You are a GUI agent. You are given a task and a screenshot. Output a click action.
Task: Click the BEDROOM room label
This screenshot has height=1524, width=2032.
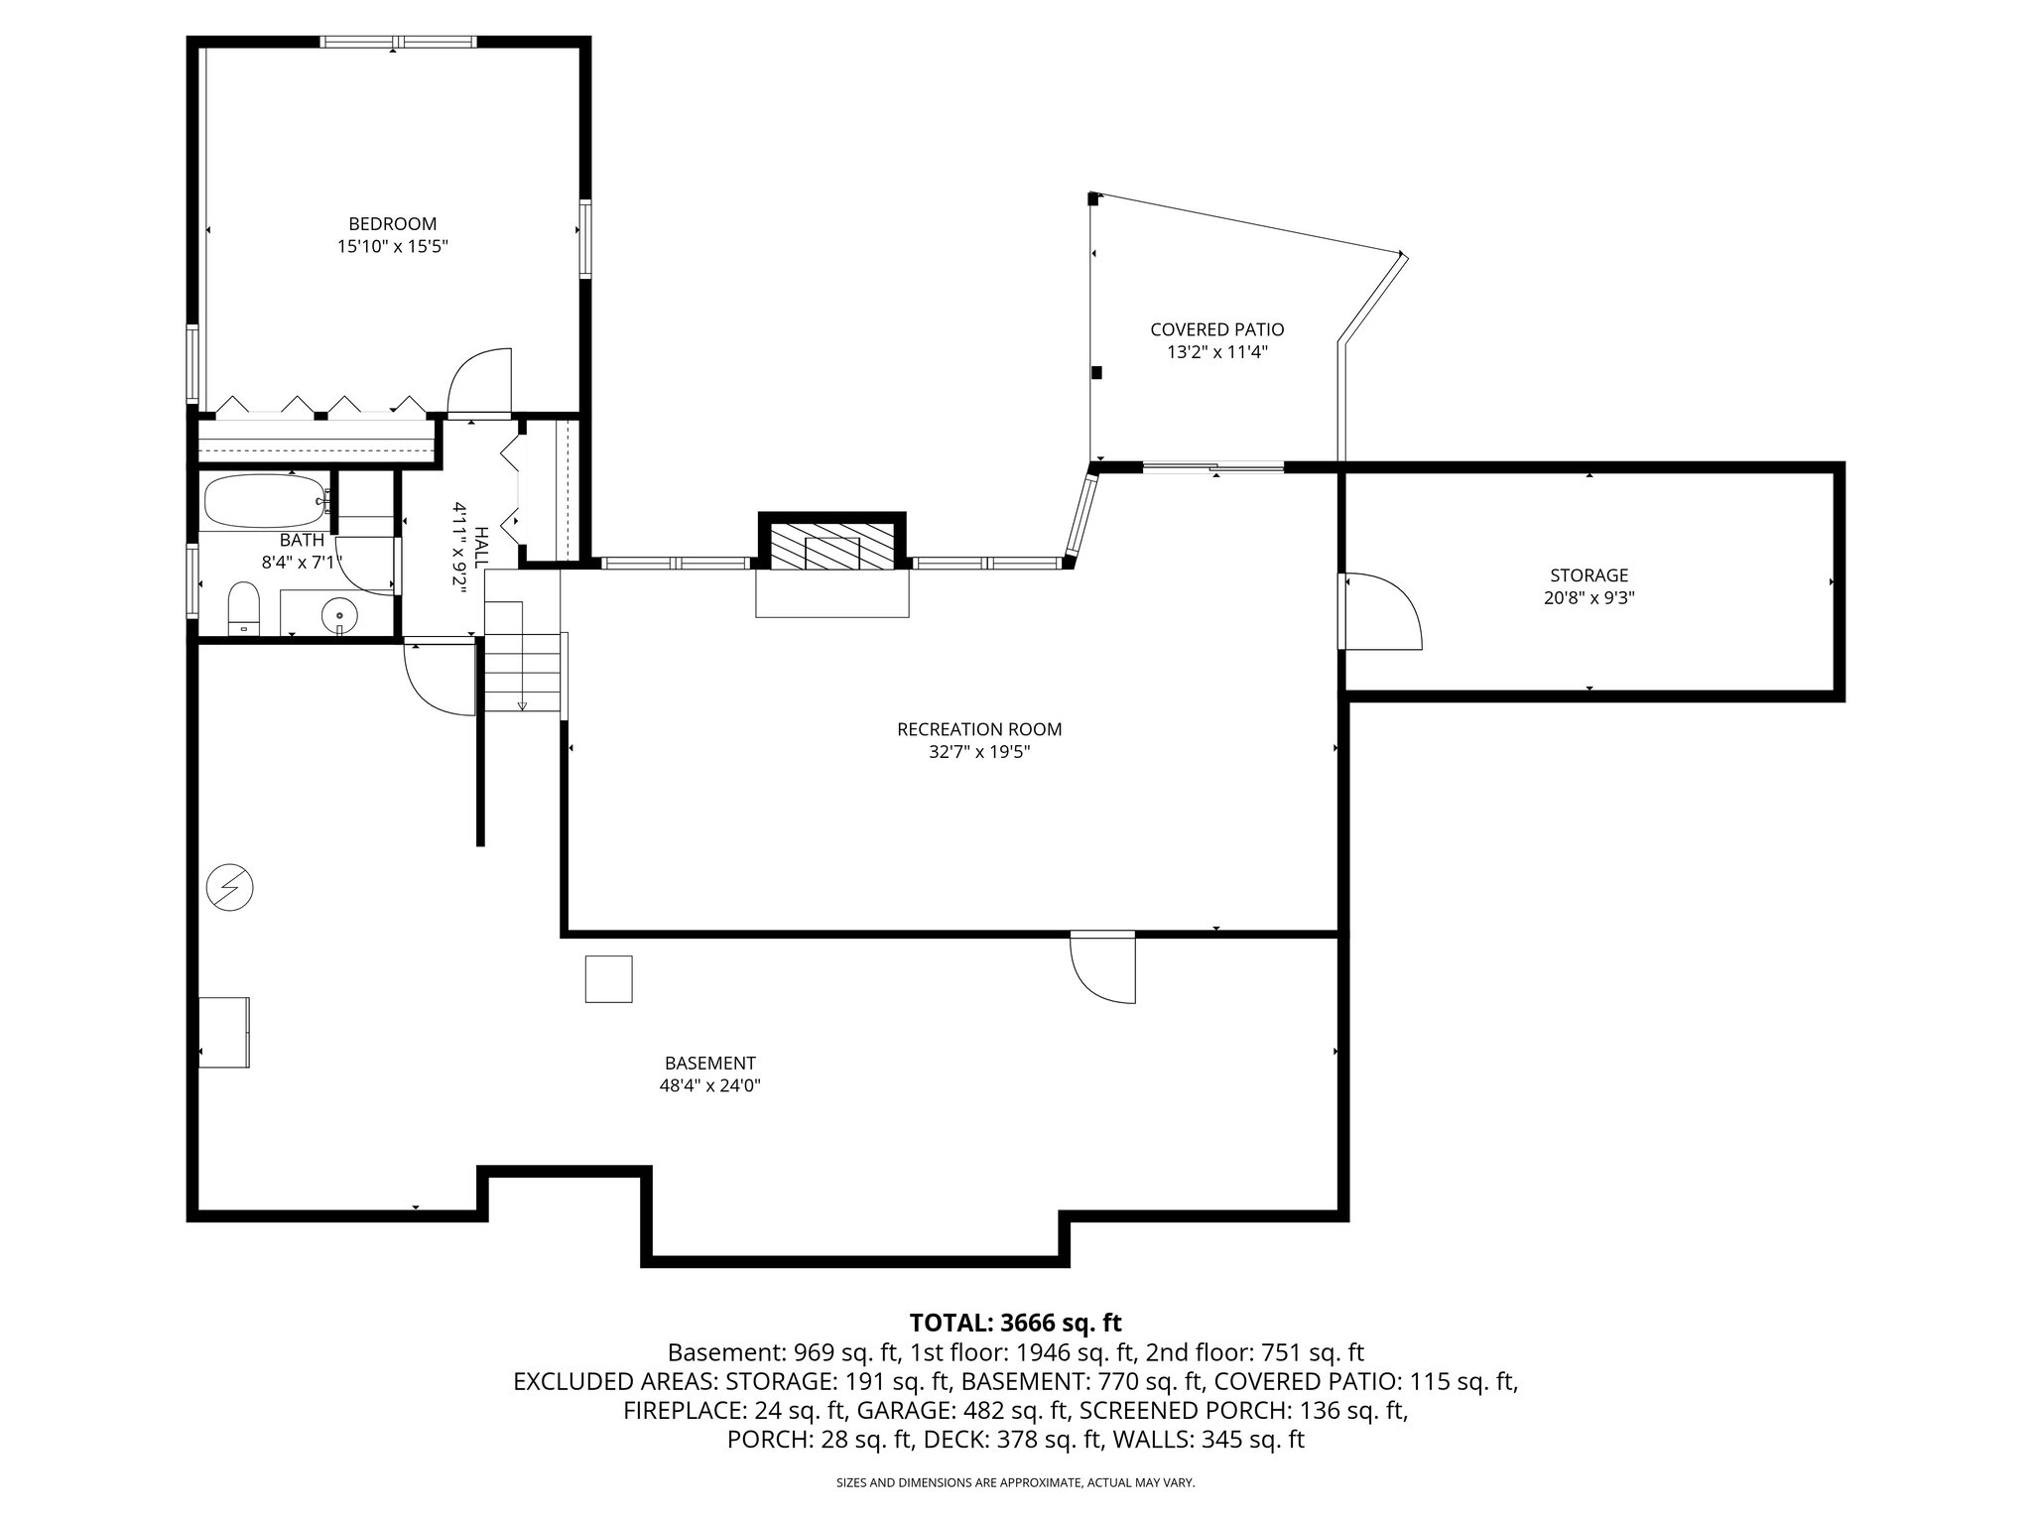(x=392, y=224)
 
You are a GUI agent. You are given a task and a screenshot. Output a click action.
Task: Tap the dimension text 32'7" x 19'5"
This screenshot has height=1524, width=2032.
(x=979, y=752)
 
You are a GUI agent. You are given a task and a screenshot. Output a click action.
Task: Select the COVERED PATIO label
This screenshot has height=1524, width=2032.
(x=1216, y=329)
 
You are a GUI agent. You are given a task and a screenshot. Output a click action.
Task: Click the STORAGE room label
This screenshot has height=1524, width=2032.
(x=1588, y=575)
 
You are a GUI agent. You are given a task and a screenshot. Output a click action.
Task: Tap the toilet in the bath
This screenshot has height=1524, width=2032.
(x=243, y=607)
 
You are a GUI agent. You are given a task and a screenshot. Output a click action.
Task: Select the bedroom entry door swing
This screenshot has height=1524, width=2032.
(x=479, y=382)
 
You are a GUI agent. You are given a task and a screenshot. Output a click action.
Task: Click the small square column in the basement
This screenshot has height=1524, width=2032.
(x=608, y=979)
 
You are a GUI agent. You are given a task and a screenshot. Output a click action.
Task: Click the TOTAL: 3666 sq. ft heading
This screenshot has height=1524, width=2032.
(x=1015, y=1323)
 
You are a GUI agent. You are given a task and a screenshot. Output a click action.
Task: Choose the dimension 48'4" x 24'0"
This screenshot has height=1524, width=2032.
(x=709, y=1085)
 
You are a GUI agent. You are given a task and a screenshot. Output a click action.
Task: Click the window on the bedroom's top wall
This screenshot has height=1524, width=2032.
(x=398, y=43)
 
